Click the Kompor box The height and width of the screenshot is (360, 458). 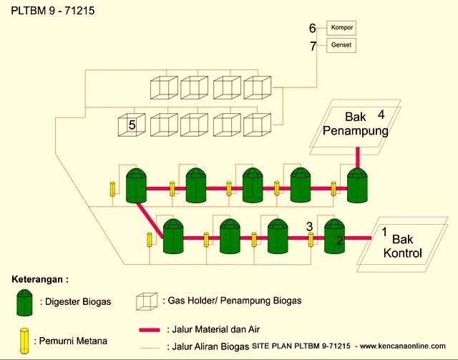(341, 28)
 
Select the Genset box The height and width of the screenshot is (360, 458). (341, 45)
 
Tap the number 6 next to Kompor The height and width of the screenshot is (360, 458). (312, 29)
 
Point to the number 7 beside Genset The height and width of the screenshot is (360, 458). (313, 47)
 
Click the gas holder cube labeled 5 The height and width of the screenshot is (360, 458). (132, 125)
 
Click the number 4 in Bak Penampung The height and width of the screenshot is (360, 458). (381, 115)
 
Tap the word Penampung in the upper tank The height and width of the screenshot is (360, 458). (356, 131)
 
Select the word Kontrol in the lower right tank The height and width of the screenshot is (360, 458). (402, 253)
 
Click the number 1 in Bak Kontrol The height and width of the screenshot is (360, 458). (384, 232)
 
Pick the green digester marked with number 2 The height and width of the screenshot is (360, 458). (335, 236)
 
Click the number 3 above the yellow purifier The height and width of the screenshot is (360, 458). (310, 226)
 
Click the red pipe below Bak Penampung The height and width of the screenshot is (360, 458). (358, 157)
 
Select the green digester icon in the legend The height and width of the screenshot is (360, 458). (24, 303)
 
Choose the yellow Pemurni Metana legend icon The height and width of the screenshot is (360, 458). (24, 341)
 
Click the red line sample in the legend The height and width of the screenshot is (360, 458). (150, 330)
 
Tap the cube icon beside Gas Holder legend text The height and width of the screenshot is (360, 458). (147, 301)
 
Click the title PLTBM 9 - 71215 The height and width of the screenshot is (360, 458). (53, 11)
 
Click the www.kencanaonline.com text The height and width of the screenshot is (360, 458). (403, 346)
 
